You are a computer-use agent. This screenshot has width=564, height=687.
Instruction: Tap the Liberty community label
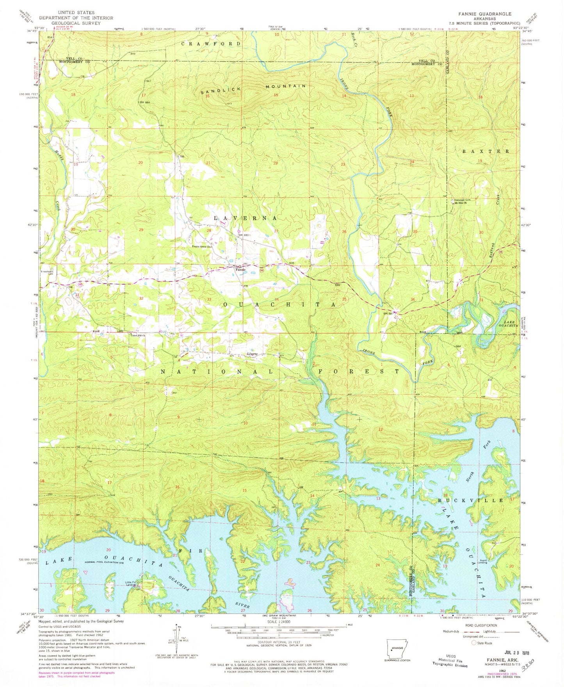pos(252,354)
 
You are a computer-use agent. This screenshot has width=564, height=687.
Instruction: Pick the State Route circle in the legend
pos(474,643)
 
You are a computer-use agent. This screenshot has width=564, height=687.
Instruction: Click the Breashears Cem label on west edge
pos(47,272)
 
